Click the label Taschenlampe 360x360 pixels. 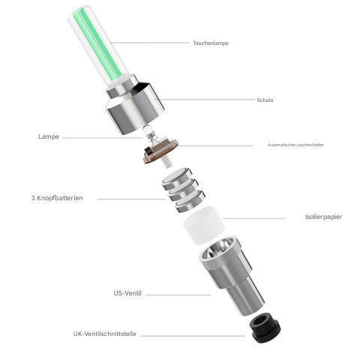click(210, 43)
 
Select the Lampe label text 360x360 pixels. click(49, 136)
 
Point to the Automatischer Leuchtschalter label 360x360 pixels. click(295, 145)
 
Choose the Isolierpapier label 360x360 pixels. click(323, 217)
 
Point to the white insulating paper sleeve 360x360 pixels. click(204, 223)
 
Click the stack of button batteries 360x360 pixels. click(182, 191)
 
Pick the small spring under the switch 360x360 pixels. click(169, 160)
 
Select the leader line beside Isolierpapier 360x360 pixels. click(255, 218)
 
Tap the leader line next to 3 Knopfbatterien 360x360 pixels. click(131, 199)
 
